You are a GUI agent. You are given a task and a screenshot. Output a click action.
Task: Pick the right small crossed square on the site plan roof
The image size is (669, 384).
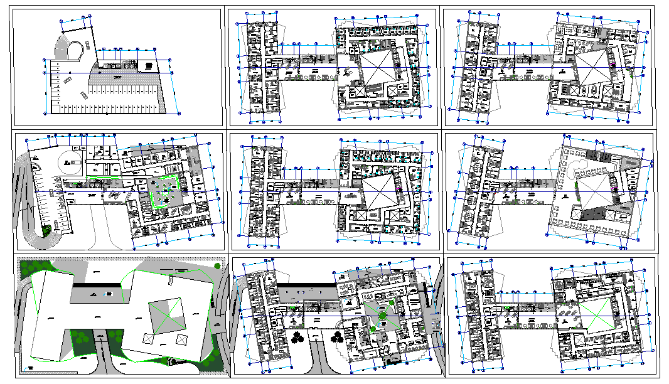pos(182,339)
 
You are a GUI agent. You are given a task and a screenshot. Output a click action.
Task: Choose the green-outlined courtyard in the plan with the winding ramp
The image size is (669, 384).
pos(164,191)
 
